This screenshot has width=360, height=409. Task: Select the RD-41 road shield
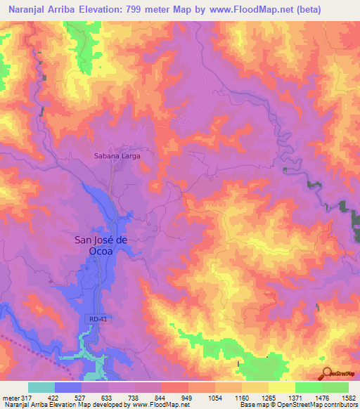click(100, 320)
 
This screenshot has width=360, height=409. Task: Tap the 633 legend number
click(108, 396)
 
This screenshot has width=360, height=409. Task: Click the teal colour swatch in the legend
click(41, 387)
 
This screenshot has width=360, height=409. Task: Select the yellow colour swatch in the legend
click(281, 387)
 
